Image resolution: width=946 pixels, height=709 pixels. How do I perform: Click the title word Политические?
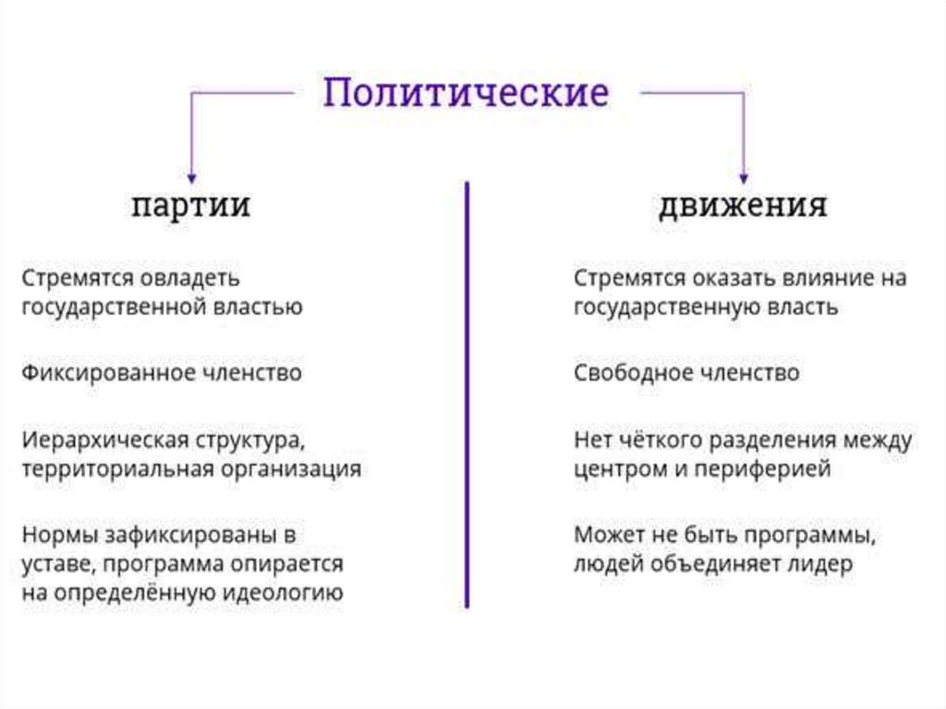[x=466, y=94]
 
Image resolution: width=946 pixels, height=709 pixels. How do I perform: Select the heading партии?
[x=190, y=204]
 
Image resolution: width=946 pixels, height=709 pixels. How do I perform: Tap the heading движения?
[x=742, y=204]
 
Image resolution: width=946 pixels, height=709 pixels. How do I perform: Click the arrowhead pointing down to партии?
[x=191, y=175]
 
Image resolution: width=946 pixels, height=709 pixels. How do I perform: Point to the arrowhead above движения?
[x=743, y=175]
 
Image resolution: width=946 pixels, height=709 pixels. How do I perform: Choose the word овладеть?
[x=195, y=277]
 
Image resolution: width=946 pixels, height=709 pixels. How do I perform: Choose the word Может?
[x=605, y=534]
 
